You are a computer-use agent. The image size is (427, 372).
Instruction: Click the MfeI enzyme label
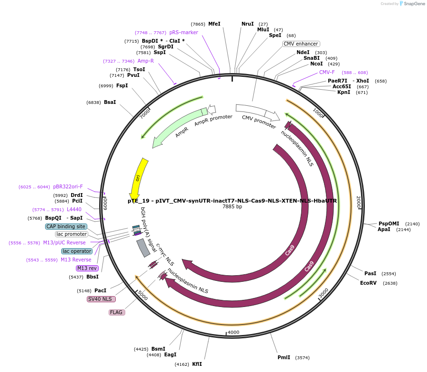[214, 24]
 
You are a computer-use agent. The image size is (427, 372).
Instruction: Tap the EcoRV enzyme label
[368, 283]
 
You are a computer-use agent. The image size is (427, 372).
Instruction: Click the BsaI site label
[110, 102]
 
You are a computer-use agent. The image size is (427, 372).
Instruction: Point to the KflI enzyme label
[197, 364]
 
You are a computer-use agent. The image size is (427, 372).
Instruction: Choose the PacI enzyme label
[100, 290]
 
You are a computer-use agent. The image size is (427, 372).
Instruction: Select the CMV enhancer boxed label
[301, 44]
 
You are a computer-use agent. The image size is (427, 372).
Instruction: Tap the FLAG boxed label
[116, 312]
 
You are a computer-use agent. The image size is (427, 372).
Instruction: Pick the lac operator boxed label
[76, 251]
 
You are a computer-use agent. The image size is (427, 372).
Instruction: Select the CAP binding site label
[66, 226]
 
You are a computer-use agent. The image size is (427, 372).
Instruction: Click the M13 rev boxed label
[87, 268]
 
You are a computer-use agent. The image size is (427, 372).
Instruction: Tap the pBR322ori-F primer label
[68, 186]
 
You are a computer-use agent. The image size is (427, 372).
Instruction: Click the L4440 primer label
[74, 209]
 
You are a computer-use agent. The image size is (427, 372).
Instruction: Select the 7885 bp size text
[232, 206]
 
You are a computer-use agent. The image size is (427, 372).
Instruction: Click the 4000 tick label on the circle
[233, 332]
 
